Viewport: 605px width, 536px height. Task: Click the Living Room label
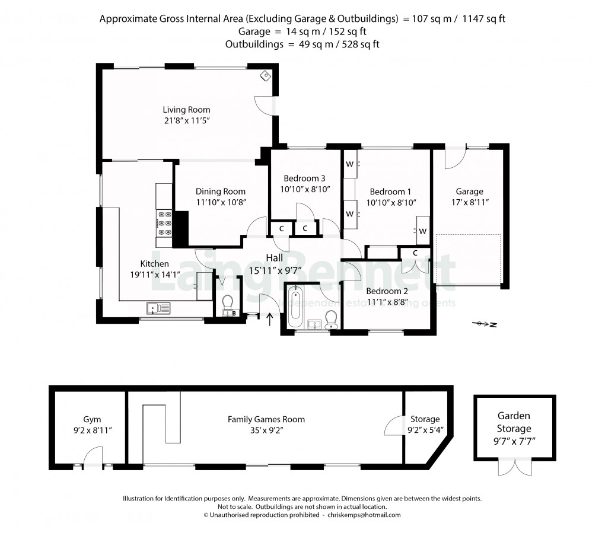click(186, 110)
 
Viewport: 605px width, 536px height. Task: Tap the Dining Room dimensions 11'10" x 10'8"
click(221, 202)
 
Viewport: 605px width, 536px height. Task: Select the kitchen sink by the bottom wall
click(158, 307)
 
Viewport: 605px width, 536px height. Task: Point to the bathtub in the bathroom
click(295, 308)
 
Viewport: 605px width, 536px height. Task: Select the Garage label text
click(469, 192)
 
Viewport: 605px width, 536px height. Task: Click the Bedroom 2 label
click(387, 291)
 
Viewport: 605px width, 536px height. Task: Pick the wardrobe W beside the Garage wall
click(422, 231)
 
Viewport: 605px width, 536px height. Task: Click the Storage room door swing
click(394, 425)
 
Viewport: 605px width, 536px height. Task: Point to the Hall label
click(274, 257)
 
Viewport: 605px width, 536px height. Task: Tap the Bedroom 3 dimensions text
click(305, 189)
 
